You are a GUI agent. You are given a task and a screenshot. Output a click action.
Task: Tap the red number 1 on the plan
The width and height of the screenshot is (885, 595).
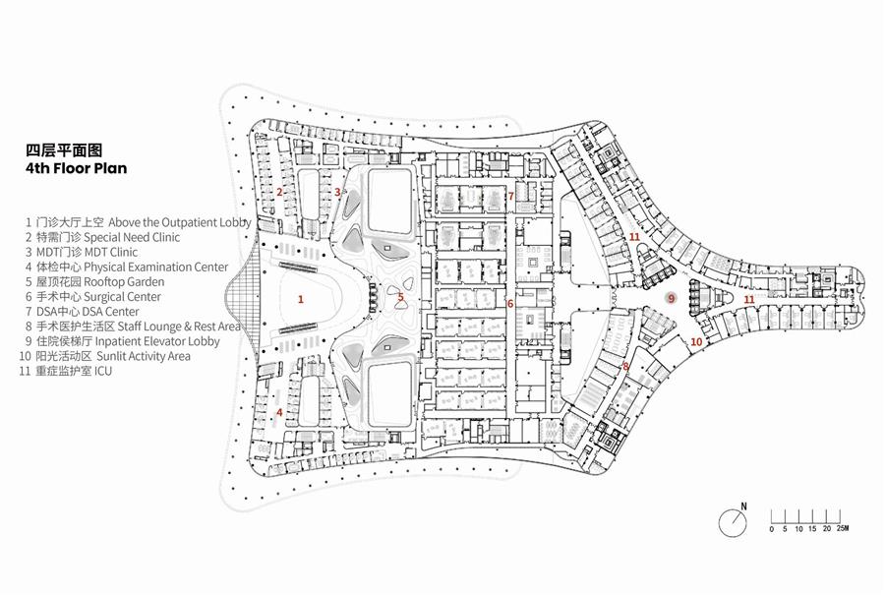[301, 298]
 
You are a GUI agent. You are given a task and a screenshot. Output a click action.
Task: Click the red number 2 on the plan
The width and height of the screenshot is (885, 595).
[279, 192]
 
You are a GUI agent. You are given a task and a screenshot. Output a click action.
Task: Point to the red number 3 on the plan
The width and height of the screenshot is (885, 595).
[337, 192]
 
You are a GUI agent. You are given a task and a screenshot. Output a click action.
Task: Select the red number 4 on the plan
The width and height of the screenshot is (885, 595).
[279, 413]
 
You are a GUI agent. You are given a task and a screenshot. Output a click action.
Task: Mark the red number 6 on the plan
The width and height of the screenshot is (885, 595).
[510, 304]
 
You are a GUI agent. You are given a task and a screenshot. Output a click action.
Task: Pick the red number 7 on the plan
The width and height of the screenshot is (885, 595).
[511, 196]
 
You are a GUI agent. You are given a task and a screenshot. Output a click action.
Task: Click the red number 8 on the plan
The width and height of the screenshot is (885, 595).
[625, 367]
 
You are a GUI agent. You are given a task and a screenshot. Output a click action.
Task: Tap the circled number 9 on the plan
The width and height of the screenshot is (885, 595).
[671, 298]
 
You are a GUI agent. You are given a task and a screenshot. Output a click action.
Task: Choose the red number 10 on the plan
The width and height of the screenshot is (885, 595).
[696, 341]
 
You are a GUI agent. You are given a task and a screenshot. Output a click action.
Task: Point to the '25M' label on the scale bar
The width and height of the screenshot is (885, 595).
[843, 529]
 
